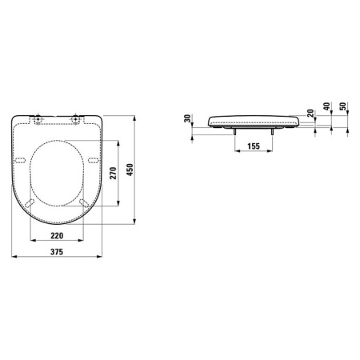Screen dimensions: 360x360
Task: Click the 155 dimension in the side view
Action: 253,146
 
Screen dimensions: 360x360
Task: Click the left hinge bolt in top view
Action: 37,120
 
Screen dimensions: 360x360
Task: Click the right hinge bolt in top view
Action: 76,120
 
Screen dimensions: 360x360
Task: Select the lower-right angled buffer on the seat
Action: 83,205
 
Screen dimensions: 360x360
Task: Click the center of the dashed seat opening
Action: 57,170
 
